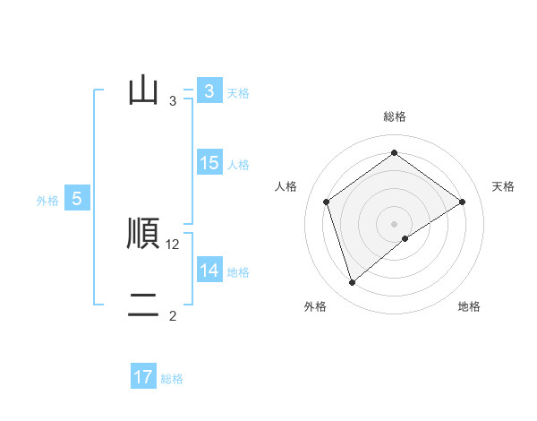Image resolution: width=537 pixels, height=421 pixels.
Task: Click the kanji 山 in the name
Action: point(143,90)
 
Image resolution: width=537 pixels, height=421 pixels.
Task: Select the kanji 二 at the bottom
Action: point(143,305)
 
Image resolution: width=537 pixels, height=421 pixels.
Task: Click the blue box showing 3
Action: point(209,90)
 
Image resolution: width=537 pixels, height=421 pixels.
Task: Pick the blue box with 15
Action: point(209,163)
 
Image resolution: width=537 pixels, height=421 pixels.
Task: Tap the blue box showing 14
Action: point(209,270)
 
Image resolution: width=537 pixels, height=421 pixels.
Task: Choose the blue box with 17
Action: point(143,377)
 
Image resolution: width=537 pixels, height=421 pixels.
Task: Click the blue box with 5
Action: point(77,199)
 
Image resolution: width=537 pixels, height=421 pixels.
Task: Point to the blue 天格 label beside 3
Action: point(238,92)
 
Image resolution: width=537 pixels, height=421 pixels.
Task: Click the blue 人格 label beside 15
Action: point(238,165)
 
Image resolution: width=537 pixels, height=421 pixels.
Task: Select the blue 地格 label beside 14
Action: point(238,271)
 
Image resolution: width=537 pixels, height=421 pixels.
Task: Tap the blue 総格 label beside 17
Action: point(172,379)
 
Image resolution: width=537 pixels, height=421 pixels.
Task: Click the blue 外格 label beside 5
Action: point(47,201)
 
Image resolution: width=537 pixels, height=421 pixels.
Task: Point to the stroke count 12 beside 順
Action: point(174,244)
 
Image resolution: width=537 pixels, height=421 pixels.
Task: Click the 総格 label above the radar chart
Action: point(395,116)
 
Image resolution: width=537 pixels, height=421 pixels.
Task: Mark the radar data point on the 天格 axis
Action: point(463,202)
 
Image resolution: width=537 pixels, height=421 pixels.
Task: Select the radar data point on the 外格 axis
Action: point(352,283)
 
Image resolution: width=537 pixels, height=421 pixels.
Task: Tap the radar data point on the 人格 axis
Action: point(326,202)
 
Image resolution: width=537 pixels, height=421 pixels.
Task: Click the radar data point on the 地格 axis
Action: point(405,238)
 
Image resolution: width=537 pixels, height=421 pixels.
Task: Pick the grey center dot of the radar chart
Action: point(395,224)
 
